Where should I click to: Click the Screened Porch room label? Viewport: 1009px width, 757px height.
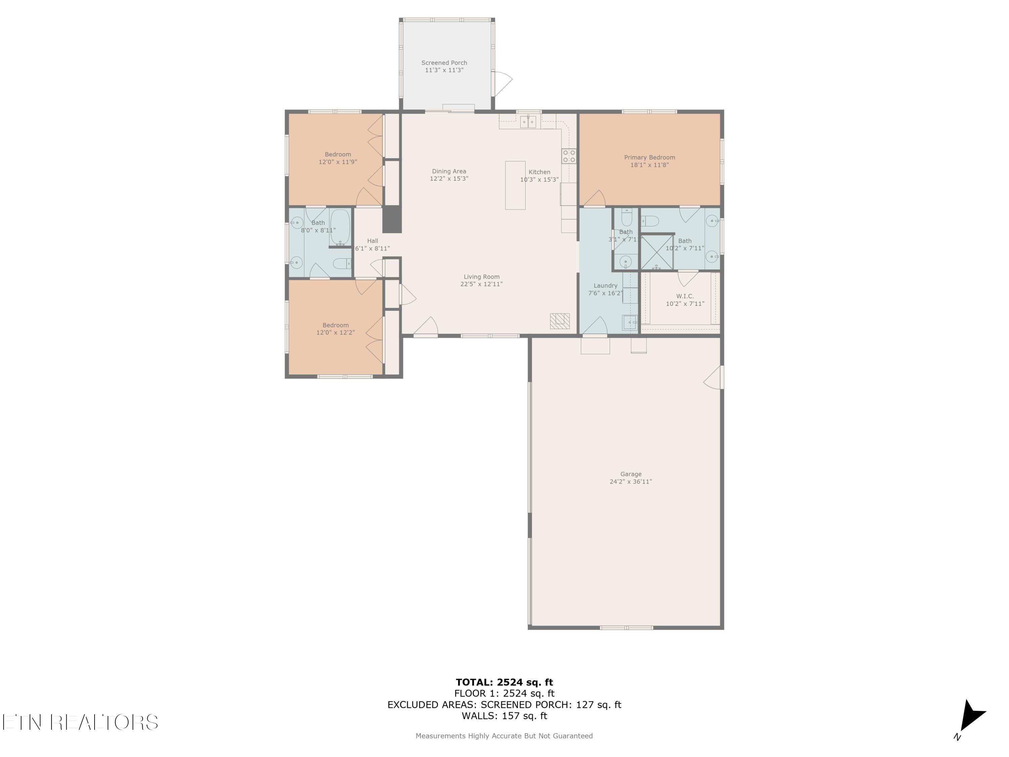[444, 63]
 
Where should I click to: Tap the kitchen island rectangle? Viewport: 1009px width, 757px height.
[515, 185]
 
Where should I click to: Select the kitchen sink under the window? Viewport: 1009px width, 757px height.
[528, 122]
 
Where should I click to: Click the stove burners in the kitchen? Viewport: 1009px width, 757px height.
[569, 156]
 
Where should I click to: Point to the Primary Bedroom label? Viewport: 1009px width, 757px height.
[649, 157]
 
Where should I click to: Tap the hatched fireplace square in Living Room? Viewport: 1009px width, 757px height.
[559, 321]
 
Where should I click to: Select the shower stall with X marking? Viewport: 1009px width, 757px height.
[657, 252]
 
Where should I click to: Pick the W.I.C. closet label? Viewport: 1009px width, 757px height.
[685, 296]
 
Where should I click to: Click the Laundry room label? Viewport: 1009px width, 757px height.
[605, 286]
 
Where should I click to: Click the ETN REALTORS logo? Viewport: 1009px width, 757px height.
[80, 722]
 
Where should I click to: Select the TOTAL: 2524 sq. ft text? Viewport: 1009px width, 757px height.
[504, 682]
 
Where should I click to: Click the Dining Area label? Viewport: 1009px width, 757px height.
[449, 172]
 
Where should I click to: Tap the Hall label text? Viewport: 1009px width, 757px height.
[372, 241]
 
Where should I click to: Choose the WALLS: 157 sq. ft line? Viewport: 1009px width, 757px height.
[504, 716]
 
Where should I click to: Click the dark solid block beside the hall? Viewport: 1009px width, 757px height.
[392, 219]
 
